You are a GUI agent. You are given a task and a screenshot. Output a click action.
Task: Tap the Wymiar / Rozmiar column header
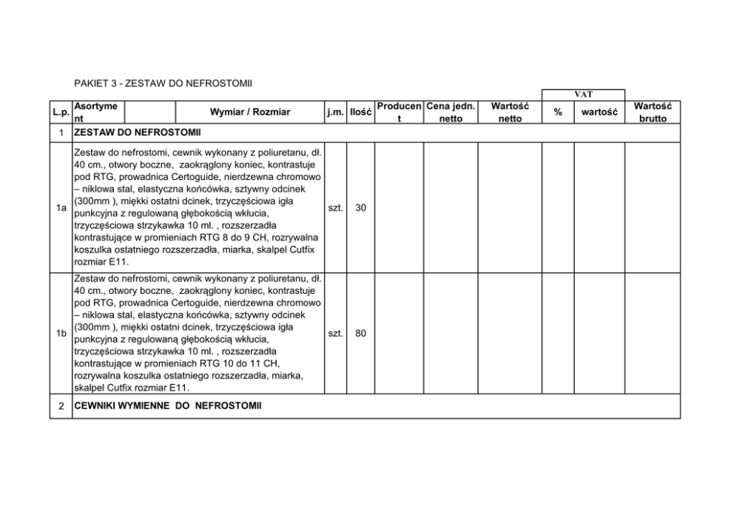pos(250,113)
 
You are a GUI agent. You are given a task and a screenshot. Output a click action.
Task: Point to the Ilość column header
pos(360,113)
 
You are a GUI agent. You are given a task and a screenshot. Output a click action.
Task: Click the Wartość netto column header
pos(510,113)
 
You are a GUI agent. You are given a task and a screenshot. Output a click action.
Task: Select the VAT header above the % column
pos(583,95)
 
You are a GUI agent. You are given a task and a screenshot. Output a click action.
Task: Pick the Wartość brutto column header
pos(652,113)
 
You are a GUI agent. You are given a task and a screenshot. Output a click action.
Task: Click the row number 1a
pos(61,209)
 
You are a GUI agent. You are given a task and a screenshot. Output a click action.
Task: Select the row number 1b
pos(61,334)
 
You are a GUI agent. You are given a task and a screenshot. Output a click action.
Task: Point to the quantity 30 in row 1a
pos(360,209)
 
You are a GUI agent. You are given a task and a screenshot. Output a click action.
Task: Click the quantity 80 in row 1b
pos(360,334)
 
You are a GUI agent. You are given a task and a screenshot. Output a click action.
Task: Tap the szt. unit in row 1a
pos(334,209)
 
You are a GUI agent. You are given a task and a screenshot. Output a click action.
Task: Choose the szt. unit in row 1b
pos(334,334)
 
